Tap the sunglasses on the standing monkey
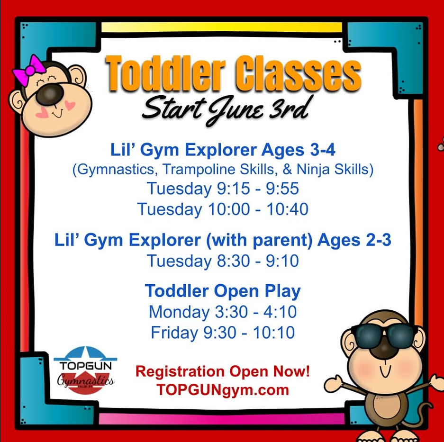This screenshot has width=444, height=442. [384, 336]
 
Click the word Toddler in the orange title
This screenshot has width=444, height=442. [166, 73]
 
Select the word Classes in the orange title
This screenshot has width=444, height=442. [299, 73]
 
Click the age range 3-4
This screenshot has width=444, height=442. [323, 150]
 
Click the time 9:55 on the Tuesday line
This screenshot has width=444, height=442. [282, 189]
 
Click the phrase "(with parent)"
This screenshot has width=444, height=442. [259, 241]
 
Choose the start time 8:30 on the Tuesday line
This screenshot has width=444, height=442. [233, 261]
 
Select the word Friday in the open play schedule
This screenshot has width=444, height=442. [174, 333]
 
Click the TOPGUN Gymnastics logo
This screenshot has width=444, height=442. [85, 370]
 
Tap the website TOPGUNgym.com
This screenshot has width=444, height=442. [223, 390]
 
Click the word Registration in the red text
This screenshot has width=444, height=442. [180, 372]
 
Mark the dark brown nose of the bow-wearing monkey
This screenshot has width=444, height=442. [50, 94]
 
